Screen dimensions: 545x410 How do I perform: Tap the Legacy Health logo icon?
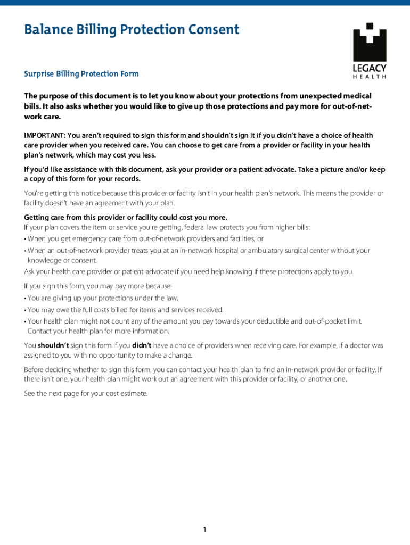point(370,43)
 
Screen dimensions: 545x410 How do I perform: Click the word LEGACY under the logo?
point(370,69)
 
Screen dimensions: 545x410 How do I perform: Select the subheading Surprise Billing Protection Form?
point(81,73)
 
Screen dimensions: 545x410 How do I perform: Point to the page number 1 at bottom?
point(205,529)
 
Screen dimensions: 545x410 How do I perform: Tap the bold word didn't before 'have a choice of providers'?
point(142,345)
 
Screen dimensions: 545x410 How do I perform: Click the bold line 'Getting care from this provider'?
point(126,217)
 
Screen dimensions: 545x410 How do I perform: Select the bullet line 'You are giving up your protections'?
point(102,298)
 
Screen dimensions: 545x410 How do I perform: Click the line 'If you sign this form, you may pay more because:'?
point(98,286)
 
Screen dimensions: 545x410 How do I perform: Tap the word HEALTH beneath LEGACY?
point(370,77)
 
